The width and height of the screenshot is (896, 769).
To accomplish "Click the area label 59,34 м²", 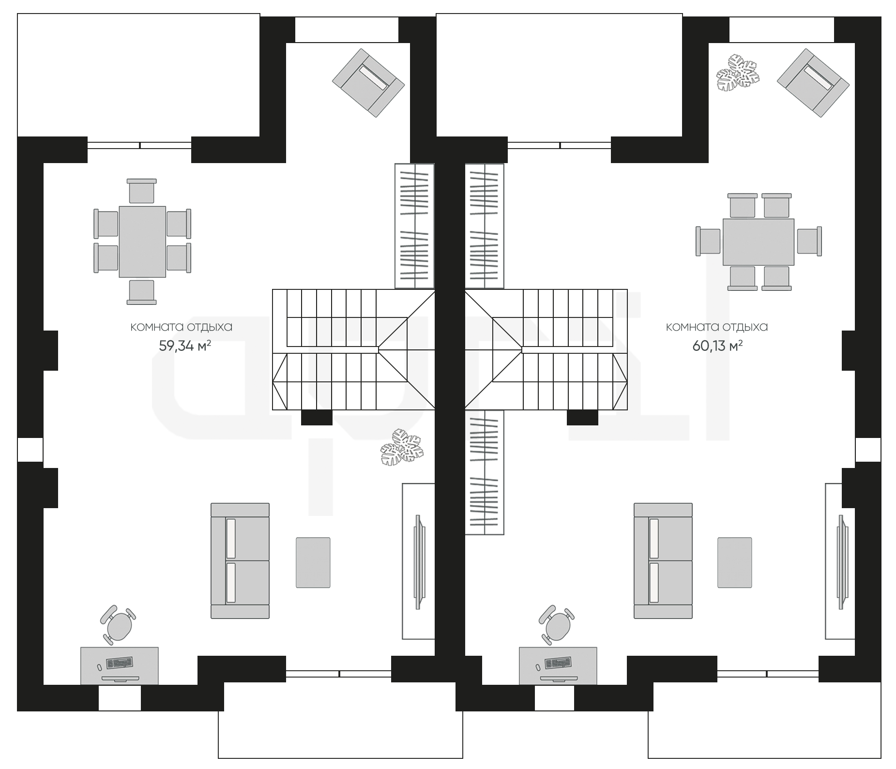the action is tap(185, 346).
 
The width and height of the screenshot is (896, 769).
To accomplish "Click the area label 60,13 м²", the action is tap(718, 346).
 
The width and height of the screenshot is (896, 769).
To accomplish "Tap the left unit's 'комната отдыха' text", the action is tap(182, 327).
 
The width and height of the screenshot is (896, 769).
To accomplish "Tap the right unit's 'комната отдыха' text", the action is tap(717, 327).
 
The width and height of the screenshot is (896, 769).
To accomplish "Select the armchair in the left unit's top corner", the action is tap(368, 83).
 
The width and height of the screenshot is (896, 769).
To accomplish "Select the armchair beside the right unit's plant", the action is tap(813, 83).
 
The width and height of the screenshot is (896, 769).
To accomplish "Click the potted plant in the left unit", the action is tap(401, 447).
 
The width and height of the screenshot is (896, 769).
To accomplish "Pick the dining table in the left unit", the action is tap(142, 242).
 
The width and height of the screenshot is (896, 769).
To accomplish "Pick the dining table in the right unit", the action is tap(759, 242).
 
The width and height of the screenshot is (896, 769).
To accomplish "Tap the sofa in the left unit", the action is tap(240, 560).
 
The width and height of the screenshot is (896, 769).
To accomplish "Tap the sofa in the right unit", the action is tap(663, 560).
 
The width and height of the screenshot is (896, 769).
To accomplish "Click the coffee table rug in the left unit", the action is tap(313, 562).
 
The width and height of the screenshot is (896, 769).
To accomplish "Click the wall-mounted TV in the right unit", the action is tap(842, 561).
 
